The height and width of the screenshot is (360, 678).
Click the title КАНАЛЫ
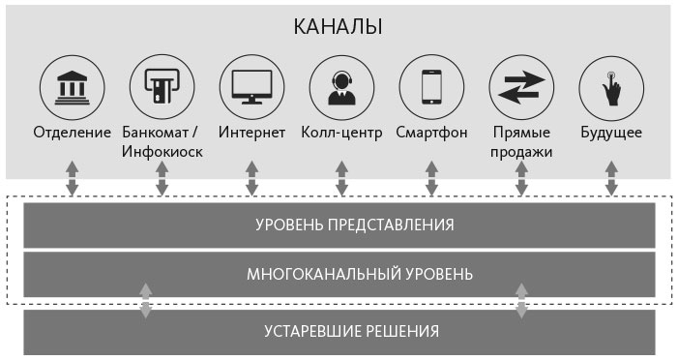coord(339,26)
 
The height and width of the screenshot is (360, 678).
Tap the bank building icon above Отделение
coord(72,87)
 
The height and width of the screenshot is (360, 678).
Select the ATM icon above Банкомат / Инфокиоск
coord(162,87)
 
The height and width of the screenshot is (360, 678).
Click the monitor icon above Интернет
coord(251,87)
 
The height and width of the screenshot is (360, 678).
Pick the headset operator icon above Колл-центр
coord(341,87)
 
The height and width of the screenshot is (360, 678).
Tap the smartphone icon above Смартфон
coord(431,87)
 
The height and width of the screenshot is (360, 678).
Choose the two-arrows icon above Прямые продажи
coord(521,87)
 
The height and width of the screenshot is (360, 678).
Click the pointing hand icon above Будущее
coord(611,87)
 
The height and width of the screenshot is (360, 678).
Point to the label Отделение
coord(72,132)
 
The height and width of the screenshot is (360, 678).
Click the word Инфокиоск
coord(162,152)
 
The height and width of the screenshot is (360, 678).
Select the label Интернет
coord(251,132)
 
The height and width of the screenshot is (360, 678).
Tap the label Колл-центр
coord(341,132)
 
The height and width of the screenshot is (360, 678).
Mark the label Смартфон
coord(431,132)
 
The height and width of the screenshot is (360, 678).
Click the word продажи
coord(521,152)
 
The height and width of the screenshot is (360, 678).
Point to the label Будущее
coord(611,132)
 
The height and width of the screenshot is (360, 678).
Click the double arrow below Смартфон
coord(431,180)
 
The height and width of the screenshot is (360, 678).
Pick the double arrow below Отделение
coord(72,180)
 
